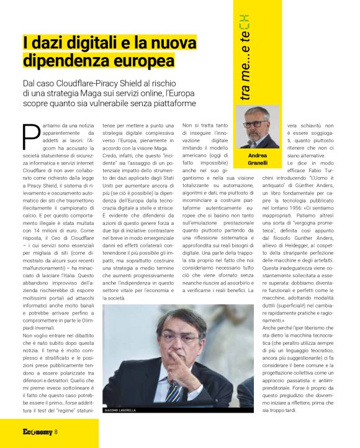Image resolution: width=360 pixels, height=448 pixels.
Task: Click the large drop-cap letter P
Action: pos(31,136)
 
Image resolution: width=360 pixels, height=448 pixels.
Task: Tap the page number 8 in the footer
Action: pos(56,432)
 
